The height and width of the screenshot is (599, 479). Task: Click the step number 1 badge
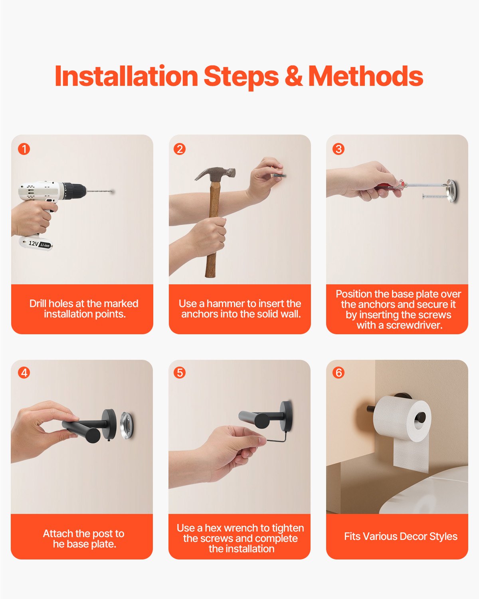tap(24, 149)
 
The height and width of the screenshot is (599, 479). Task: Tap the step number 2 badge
tap(180, 149)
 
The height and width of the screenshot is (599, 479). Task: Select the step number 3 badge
tap(338, 149)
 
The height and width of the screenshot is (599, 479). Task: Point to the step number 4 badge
tap(24, 373)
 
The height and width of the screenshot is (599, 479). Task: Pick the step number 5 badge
tap(180, 373)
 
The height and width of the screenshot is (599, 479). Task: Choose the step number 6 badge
tap(338, 373)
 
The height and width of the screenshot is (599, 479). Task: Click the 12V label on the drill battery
tap(34, 243)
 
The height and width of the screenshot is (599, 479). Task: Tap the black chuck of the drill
tap(74, 191)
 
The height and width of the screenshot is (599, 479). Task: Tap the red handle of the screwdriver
tap(386, 187)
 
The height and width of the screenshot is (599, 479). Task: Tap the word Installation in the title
tap(126, 76)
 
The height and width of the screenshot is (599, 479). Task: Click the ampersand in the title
tap(293, 76)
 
